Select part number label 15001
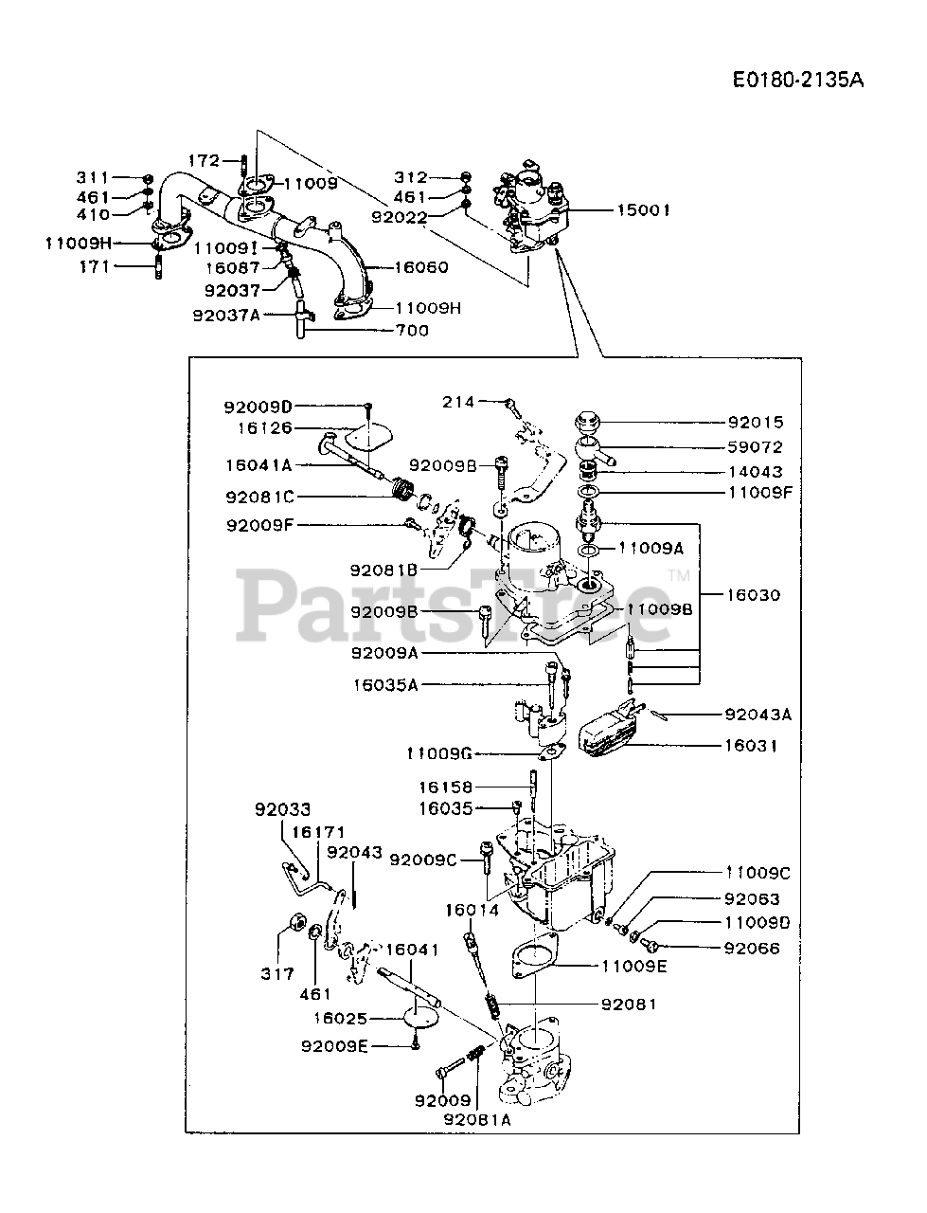[643, 210]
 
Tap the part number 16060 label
[420, 267]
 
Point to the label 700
[413, 330]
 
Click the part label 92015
[756, 423]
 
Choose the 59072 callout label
[756, 447]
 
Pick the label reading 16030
[754, 595]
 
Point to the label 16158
[448, 787]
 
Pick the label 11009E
[633, 968]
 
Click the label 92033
[281, 810]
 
